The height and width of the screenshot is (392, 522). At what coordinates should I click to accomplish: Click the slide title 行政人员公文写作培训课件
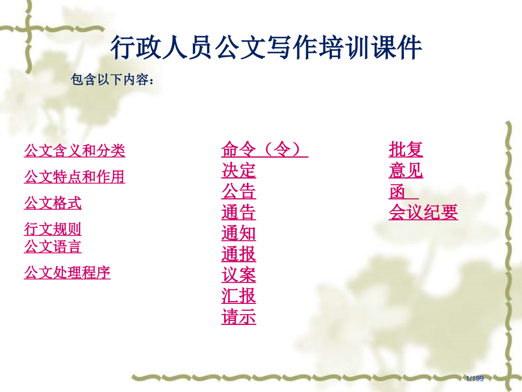[266, 48]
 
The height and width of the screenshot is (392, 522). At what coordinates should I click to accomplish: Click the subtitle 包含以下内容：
[112, 80]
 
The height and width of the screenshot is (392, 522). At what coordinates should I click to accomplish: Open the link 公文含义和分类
[74, 151]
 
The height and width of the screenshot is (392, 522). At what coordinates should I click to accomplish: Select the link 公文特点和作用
[74, 177]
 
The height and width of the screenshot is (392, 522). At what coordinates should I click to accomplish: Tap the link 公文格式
[53, 203]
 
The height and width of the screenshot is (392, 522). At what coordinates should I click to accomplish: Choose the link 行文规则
[53, 229]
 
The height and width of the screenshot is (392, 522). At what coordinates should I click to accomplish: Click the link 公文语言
[53, 247]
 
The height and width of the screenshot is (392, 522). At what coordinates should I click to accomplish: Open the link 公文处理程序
[67, 273]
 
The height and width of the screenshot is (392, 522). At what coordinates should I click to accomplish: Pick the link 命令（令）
[264, 149]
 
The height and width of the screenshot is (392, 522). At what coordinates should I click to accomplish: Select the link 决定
[238, 170]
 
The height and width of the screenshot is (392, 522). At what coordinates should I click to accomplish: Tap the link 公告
[238, 191]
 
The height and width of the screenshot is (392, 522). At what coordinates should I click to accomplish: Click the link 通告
[238, 212]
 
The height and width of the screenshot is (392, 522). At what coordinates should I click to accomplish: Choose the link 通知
[238, 233]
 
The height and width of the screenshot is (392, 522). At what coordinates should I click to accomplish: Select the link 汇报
[238, 296]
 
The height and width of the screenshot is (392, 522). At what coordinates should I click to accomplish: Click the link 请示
[238, 317]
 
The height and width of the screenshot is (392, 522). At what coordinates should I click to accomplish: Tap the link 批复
[406, 149]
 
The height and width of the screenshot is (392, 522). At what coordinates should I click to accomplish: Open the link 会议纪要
[423, 212]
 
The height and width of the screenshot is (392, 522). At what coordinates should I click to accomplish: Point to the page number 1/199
[474, 378]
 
